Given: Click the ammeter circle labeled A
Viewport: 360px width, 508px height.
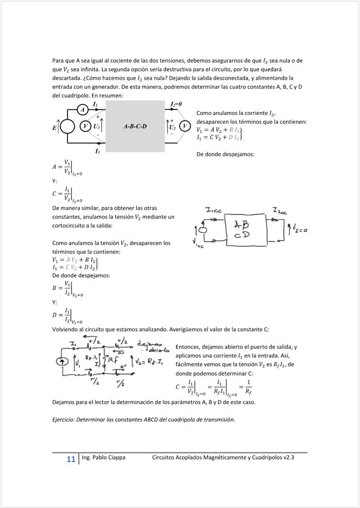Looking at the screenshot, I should (x=82, y=110).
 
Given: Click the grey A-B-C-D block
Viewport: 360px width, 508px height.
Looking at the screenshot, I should (x=135, y=127).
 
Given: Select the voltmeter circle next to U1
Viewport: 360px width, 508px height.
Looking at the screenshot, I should (x=85, y=127).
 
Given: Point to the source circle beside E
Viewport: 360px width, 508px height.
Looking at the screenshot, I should (x=67, y=127).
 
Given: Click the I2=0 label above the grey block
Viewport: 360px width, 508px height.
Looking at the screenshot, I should (x=176, y=104).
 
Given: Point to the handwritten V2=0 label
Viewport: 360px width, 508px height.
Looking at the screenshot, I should (x=299, y=230).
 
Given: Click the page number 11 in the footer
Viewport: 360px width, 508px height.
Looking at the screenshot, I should (x=71, y=459).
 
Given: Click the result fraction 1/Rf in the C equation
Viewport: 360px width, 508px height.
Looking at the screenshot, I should (x=249, y=386).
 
